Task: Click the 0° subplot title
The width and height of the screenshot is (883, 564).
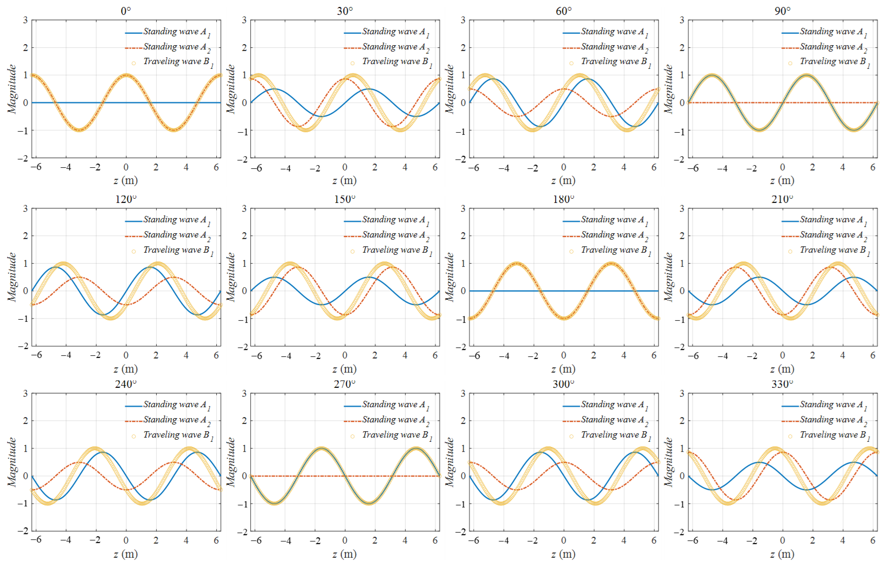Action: coord(126,11)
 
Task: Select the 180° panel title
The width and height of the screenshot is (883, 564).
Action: coord(563,199)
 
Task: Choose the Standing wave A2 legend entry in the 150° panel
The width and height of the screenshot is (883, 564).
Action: coord(395,235)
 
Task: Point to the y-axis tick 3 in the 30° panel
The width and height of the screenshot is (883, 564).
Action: coord(244,20)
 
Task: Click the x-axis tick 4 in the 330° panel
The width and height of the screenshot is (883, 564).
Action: coord(842,540)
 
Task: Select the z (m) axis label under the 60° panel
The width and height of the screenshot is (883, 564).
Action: coord(563,181)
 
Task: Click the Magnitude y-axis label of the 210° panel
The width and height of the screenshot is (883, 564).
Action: coord(669,277)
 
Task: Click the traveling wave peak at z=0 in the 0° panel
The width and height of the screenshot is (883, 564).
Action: coord(126,75)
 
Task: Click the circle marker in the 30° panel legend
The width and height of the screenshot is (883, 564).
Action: coord(352,63)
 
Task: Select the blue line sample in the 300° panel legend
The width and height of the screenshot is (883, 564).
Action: coord(571,406)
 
